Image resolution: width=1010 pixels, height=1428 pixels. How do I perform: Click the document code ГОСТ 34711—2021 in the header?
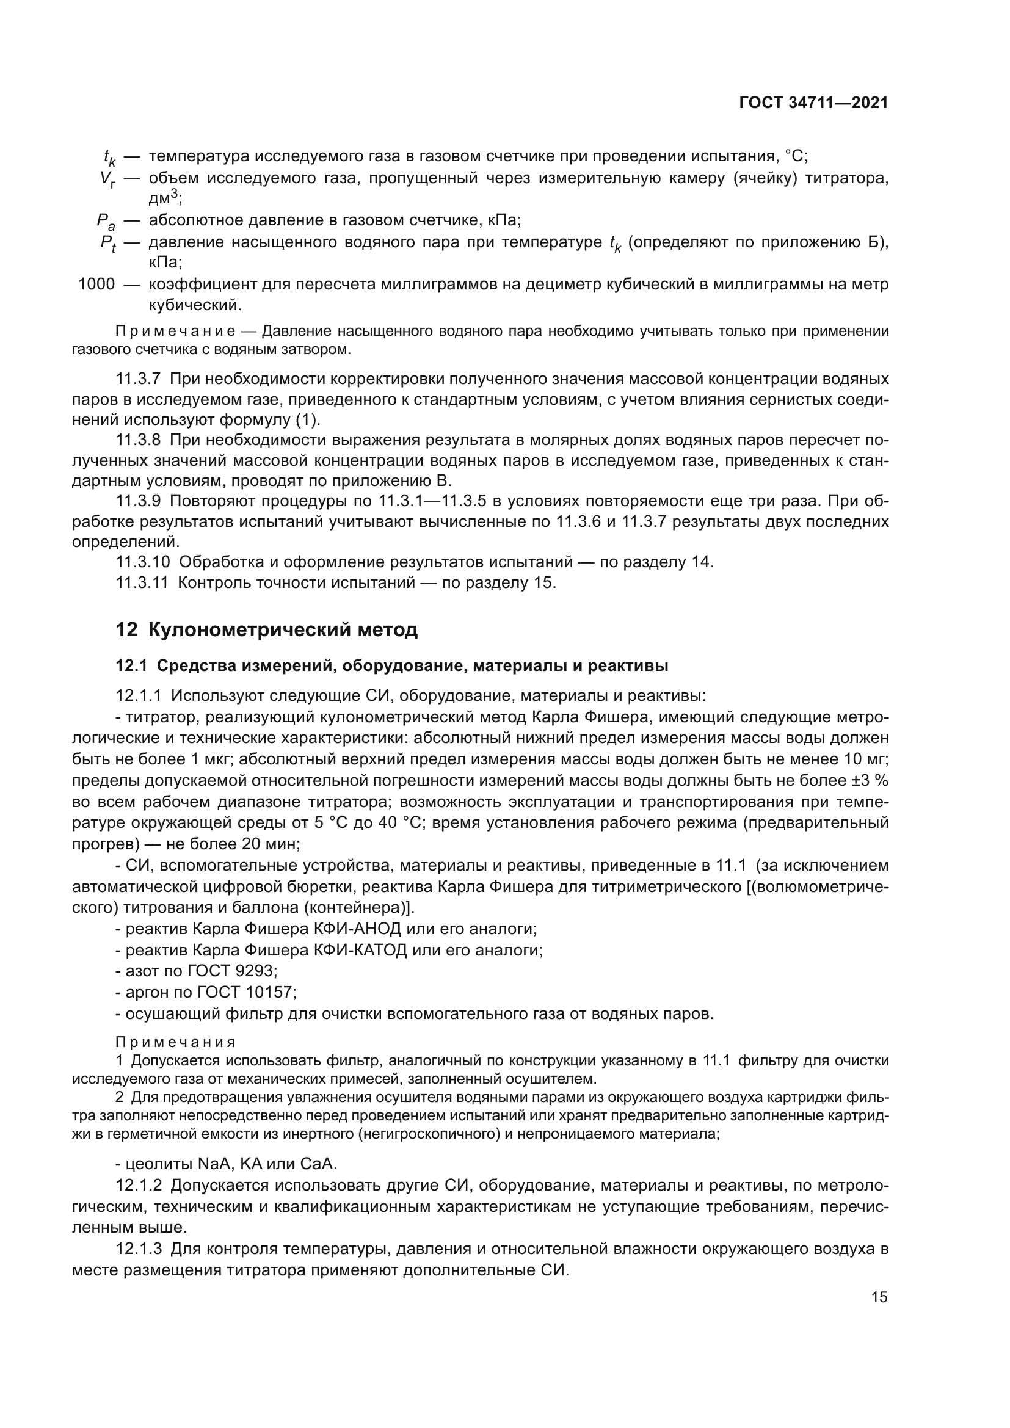(813, 103)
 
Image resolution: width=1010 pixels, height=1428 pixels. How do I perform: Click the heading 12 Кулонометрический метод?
(267, 630)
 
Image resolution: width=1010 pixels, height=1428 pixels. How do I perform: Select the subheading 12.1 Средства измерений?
(392, 666)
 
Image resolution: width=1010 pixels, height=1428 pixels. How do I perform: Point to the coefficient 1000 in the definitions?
(96, 285)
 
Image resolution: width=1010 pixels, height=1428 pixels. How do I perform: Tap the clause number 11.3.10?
(142, 562)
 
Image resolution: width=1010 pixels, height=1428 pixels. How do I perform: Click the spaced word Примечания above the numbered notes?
(176, 1042)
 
